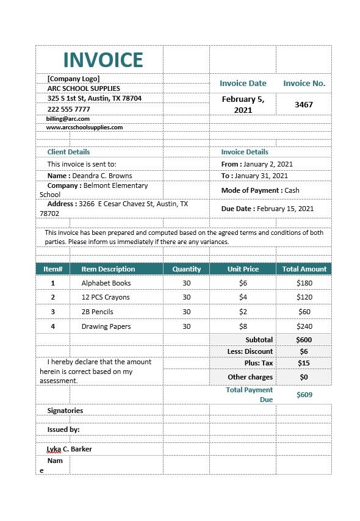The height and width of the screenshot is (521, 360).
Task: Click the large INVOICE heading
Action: point(103,60)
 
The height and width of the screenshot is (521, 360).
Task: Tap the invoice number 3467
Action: point(303,104)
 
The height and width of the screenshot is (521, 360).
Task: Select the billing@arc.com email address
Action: point(68,119)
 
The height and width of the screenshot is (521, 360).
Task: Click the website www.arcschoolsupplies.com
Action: point(84,128)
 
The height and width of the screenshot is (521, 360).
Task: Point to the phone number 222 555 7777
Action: point(68,109)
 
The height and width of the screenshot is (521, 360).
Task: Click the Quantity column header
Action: point(186,269)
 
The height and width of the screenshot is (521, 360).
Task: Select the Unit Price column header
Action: point(243,269)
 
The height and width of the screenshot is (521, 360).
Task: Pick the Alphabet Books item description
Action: point(106,283)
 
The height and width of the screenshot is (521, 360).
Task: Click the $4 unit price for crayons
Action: point(243,297)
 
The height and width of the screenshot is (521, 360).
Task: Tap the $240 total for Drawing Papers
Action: point(304,326)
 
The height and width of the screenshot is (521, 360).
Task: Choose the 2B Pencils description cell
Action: point(97,312)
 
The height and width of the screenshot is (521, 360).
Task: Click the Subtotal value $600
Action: point(304,340)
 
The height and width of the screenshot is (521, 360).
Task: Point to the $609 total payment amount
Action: point(304,395)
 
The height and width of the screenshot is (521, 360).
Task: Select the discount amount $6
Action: point(304,351)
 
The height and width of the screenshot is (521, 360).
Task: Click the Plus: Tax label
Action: point(259,363)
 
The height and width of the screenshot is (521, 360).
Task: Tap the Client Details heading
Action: point(68,152)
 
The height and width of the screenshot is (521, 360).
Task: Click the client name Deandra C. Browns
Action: point(102,176)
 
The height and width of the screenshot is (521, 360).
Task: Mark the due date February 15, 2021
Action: point(285,209)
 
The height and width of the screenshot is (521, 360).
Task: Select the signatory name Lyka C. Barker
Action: point(70,449)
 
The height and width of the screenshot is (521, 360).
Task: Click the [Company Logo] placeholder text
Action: point(73,79)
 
